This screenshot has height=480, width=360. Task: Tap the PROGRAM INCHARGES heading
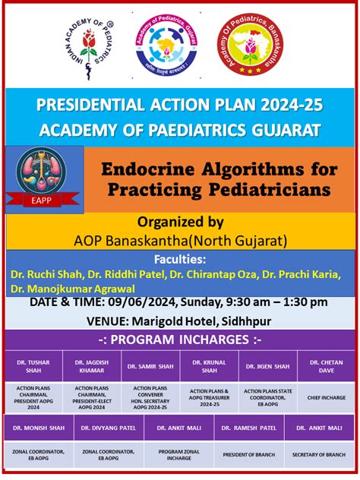[180, 339]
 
